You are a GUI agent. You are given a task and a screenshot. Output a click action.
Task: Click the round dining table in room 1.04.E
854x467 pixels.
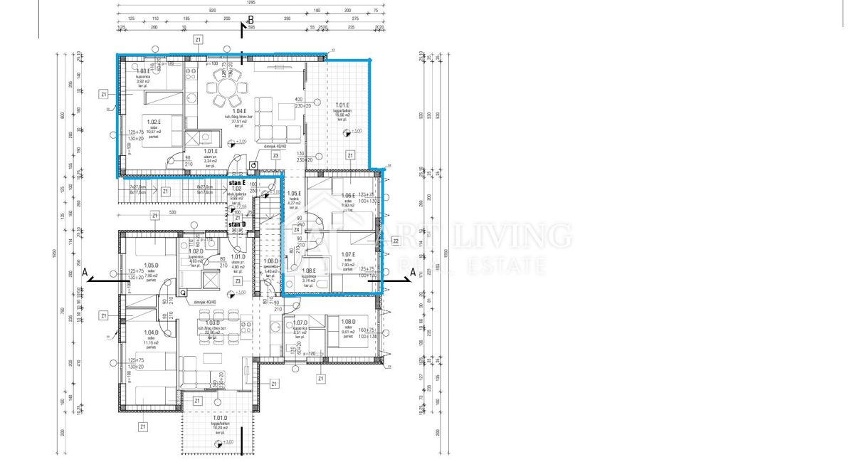click(225, 90)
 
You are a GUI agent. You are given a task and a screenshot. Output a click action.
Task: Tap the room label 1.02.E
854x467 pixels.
click(154, 122)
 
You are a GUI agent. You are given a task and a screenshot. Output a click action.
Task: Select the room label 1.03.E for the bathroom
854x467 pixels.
click(144, 71)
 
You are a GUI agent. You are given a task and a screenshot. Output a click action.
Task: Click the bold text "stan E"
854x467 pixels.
click(237, 183)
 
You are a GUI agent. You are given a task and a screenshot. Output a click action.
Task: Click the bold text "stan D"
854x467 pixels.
click(237, 225)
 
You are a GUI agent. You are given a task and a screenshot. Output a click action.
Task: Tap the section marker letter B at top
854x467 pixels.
click(249, 21)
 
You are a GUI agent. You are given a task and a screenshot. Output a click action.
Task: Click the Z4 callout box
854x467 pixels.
click(296, 229)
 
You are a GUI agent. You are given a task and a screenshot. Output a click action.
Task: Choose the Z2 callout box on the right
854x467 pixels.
click(396, 241)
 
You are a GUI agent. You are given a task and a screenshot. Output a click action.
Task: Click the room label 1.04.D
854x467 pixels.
click(150, 332)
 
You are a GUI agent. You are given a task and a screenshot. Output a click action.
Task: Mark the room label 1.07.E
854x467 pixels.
click(347, 255)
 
